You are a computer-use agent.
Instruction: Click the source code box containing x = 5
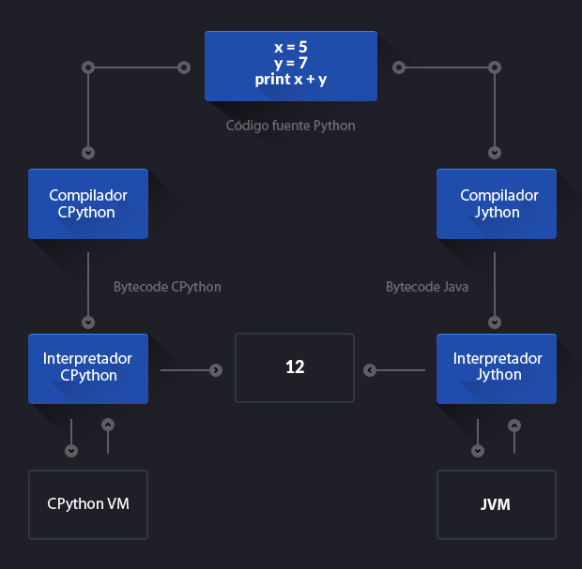(291, 66)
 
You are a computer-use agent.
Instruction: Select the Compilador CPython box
(88, 203)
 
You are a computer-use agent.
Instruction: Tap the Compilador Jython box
(497, 203)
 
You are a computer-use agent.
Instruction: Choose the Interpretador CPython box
(88, 367)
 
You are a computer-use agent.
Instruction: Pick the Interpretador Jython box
(497, 367)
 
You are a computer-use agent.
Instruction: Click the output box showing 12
(295, 367)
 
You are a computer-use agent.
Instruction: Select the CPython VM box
(88, 504)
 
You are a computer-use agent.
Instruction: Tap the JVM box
(497, 504)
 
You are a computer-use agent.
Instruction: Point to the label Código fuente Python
(291, 125)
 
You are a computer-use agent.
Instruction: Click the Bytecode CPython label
(167, 286)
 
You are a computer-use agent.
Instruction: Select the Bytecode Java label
(427, 286)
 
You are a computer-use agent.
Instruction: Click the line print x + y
(291, 80)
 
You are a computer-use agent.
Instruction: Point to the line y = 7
(291, 63)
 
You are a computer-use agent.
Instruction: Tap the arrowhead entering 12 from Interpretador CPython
(216, 370)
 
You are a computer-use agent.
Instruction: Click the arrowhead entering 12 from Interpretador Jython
(370, 370)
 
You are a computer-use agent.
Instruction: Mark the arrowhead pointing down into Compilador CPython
(88, 152)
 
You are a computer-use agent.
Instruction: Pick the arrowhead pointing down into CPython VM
(71, 451)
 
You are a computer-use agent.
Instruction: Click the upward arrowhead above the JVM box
(513, 425)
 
